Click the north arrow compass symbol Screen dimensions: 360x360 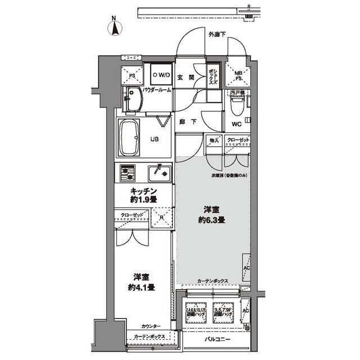(x=115, y=28)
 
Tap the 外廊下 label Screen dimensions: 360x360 (x=217, y=35)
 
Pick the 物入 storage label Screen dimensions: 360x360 (x=214, y=139)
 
